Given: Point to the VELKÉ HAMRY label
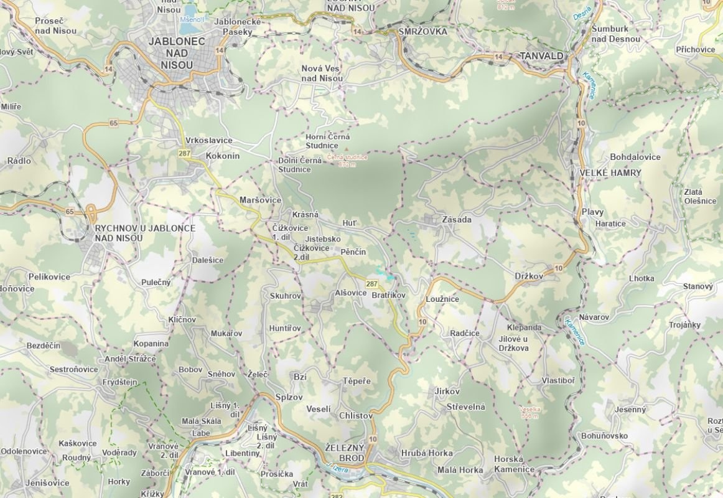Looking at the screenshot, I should pos(610,173).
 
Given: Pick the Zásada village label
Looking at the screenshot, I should pos(456,220).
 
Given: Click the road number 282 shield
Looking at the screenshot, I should pos(337,495).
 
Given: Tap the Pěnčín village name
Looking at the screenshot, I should pos(353,252).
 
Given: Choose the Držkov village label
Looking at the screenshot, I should pos(529,276).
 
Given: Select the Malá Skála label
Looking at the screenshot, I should pos(201,421).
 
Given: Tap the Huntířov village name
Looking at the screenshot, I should pos(285,328).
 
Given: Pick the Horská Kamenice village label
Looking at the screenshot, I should pos(513,464).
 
